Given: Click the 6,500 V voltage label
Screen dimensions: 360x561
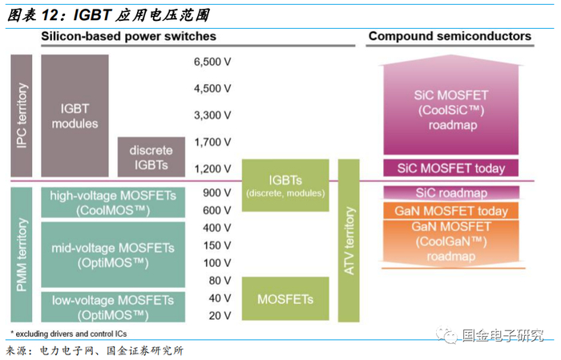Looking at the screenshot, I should click(212, 62).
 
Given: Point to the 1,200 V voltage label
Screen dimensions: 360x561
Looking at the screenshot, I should click(212, 168).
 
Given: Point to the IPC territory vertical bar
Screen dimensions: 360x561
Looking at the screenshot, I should click(22, 115).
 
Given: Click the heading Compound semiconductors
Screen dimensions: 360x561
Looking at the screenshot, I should click(450, 37).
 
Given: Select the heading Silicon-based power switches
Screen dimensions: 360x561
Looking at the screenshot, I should click(128, 37).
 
